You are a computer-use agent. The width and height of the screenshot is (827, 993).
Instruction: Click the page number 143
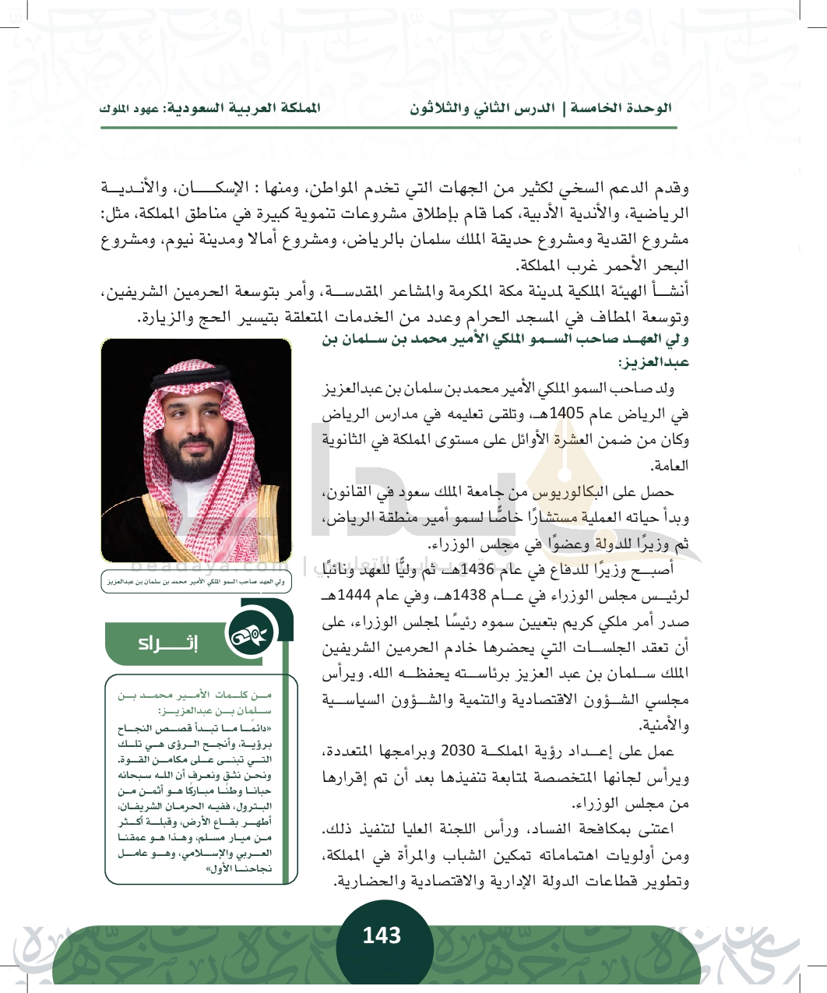(382, 935)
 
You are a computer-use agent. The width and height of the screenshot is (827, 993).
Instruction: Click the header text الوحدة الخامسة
(621, 108)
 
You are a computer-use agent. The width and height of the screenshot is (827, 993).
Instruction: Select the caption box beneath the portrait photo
(196, 581)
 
